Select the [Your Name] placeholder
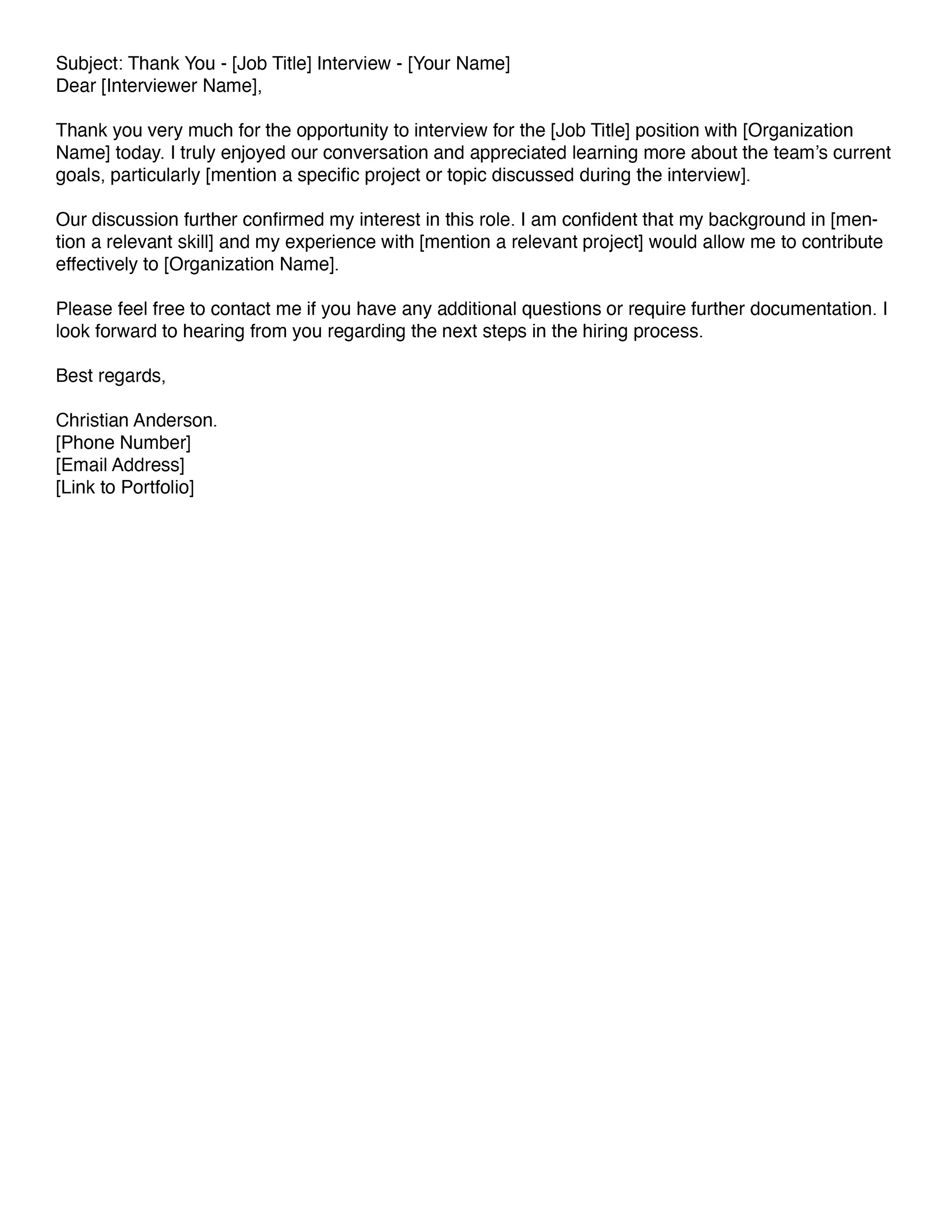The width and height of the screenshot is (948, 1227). point(459,64)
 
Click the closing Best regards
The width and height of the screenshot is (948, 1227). point(111,376)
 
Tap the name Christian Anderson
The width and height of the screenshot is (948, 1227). point(135,420)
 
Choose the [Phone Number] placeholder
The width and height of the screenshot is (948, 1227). point(123,443)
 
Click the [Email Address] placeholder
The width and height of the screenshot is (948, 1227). point(119,465)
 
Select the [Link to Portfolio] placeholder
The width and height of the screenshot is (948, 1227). point(125,487)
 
